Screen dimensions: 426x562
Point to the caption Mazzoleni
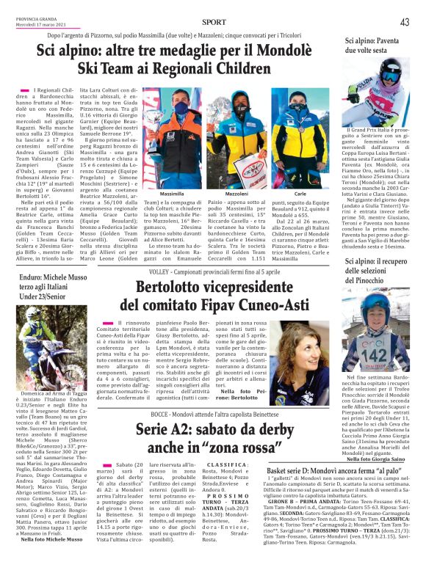click(237, 194)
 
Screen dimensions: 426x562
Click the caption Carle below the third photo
click(300, 194)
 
